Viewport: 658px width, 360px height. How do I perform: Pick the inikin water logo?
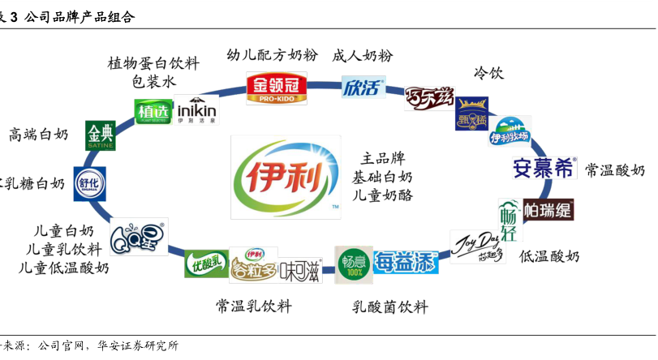pos(196,110)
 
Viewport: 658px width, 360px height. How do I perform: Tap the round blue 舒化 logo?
pos(89,183)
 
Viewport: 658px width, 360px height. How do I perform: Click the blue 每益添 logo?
pos(406,262)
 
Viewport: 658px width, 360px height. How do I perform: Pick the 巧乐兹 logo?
pos(428,97)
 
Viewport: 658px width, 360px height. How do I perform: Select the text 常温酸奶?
pos(614,169)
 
